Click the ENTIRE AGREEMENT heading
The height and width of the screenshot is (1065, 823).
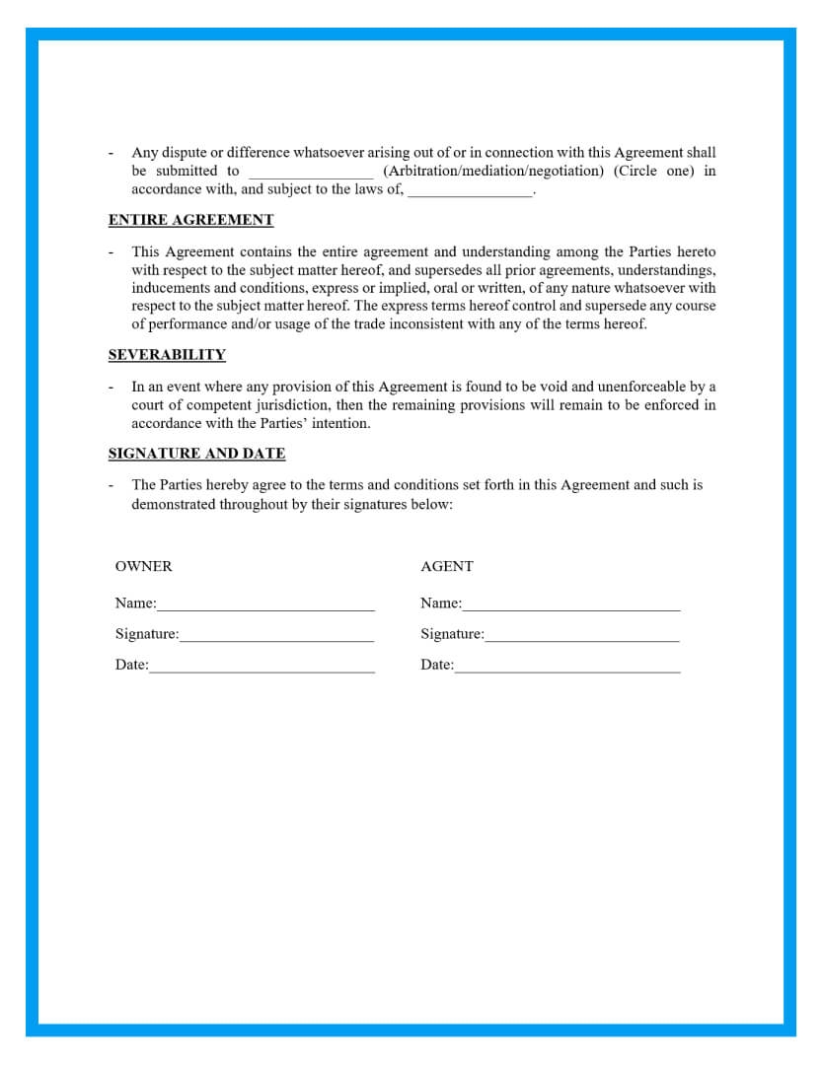coord(190,220)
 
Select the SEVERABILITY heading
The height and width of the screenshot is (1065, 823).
coord(167,355)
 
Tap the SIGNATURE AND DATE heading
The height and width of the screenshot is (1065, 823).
coord(196,454)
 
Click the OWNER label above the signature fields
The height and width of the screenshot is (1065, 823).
coord(143,566)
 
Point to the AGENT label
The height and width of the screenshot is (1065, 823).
coord(447,566)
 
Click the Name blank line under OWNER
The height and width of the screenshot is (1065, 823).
coord(265,605)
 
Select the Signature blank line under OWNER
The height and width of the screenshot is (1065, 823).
coord(276,637)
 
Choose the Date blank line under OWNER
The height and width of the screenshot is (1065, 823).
coord(262,668)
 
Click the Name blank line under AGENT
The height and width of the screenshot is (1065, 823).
coord(571,605)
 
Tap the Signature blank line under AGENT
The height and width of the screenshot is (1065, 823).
coord(582,637)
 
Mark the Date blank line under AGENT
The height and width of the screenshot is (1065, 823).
coord(567,668)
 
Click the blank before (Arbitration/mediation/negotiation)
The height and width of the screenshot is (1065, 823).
coord(311,173)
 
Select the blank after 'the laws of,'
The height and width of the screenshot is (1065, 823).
coord(470,192)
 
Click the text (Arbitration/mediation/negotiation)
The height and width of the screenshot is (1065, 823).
coord(492,171)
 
